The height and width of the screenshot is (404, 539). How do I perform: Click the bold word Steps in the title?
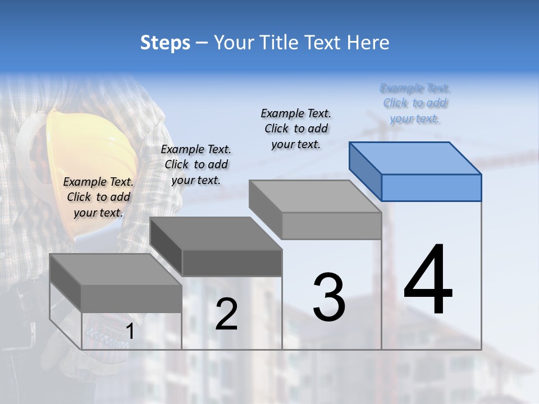pyautogui.click(x=165, y=43)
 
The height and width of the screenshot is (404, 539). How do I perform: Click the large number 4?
pyautogui.click(x=428, y=281)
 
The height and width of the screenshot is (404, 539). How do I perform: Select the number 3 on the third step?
pyautogui.click(x=329, y=297)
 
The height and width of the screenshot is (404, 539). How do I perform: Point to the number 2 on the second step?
pyautogui.click(x=226, y=314)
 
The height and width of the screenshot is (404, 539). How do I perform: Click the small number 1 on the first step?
pyautogui.click(x=130, y=332)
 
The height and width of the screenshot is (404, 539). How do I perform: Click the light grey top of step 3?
pyautogui.click(x=314, y=196)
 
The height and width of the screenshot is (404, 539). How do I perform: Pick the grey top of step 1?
pyautogui.click(x=115, y=269)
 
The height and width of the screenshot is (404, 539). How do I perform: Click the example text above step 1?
pyautogui.click(x=98, y=197)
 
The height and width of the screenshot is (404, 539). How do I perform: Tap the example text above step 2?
pyautogui.click(x=196, y=164)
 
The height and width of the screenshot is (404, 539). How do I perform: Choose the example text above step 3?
pyautogui.click(x=296, y=128)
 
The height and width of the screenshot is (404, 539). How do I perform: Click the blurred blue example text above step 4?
pyautogui.click(x=415, y=103)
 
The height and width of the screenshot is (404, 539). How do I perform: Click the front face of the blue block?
pyautogui.click(x=431, y=187)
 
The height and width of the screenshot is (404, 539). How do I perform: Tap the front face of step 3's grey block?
pyautogui.click(x=331, y=226)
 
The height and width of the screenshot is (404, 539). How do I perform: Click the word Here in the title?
pyautogui.click(x=368, y=43)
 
